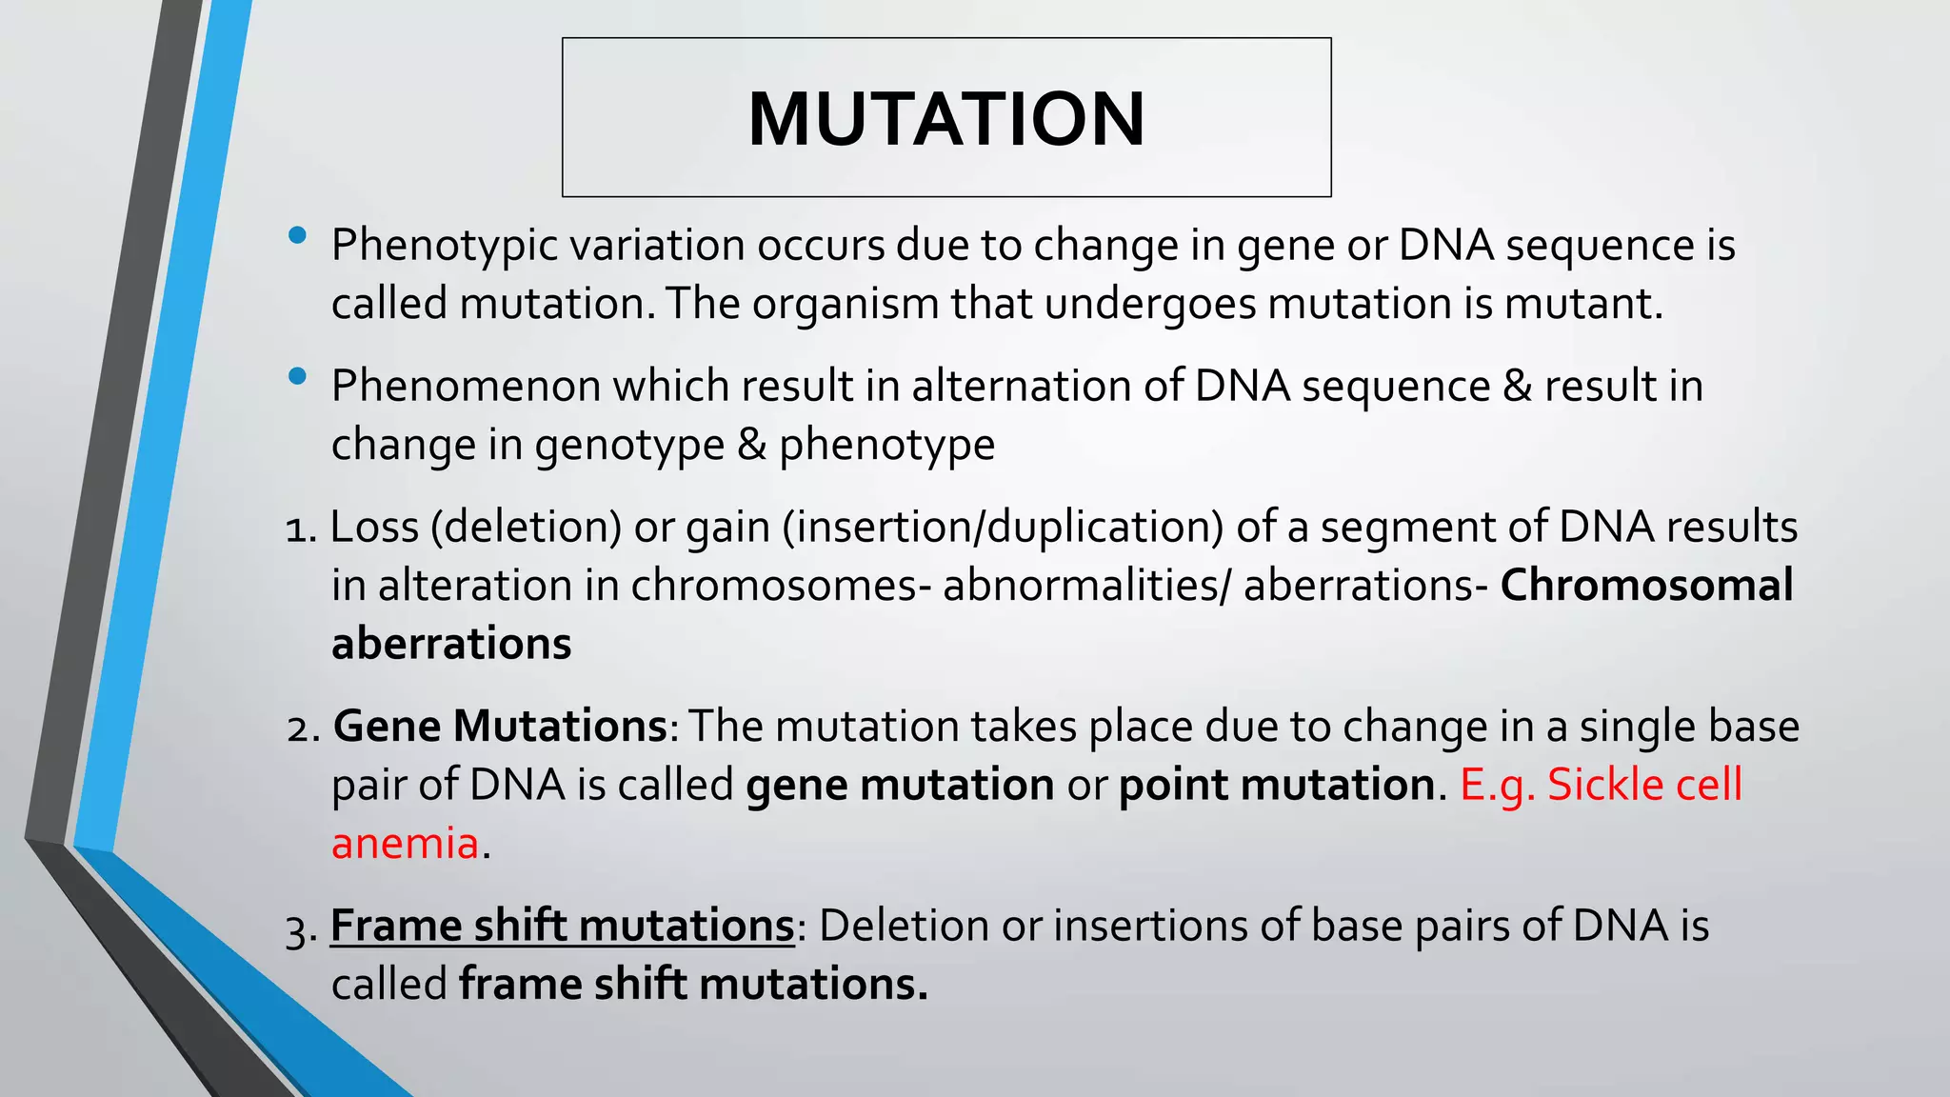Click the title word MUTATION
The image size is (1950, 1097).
946,119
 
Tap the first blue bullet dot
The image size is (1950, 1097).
297,235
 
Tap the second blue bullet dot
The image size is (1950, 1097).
297,377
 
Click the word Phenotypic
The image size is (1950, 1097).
444,246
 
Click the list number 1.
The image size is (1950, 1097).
299,529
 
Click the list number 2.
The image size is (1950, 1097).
302,728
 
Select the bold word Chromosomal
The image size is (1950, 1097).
1646,585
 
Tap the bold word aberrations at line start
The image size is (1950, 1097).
451,644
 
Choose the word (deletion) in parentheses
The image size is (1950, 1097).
526,528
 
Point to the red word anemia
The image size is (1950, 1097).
405,844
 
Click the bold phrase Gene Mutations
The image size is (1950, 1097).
500,727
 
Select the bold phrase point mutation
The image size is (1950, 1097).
1276,785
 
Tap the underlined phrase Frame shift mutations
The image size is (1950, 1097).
562,926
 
